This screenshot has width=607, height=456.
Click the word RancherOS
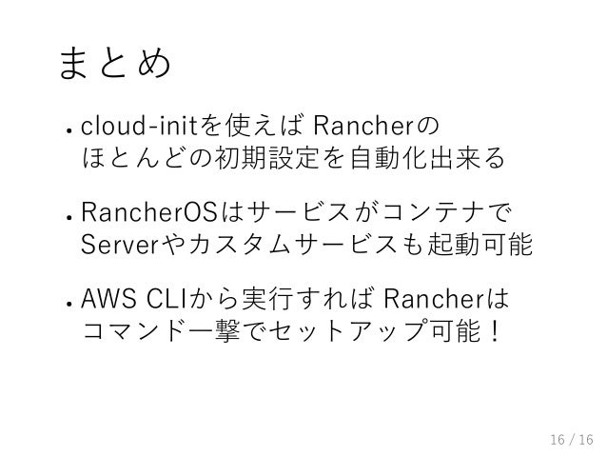click(150, 208)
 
